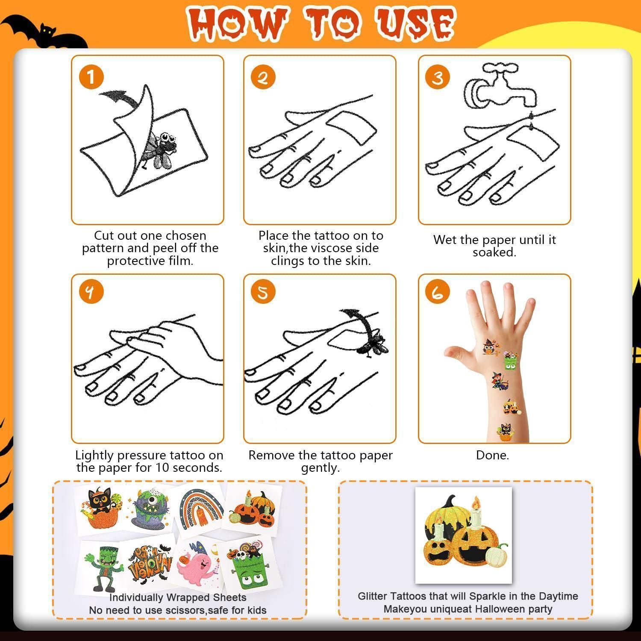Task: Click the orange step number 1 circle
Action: click(91, 77)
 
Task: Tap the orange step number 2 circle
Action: click(263, 77)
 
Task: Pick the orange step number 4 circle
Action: click(91, 292)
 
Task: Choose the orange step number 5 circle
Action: click(263, 292)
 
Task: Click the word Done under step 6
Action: click(492, 455)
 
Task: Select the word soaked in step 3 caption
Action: click(494, 252)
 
